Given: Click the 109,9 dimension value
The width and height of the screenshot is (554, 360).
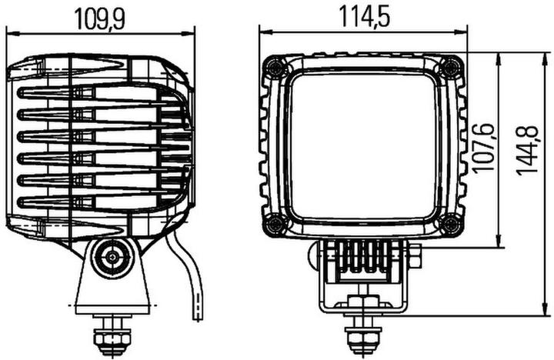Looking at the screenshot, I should (x=99, y=17).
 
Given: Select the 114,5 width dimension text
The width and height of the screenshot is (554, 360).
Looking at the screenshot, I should (x=362, y=15).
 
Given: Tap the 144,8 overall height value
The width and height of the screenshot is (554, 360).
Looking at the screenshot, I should (x=527, y=151).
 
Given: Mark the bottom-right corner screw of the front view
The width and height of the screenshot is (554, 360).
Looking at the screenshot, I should (x=451, y=225).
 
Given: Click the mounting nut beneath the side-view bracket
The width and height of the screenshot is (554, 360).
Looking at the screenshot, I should (x=110, y=336).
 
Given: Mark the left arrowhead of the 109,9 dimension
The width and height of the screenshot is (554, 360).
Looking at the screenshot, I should (x=11, y=33).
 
